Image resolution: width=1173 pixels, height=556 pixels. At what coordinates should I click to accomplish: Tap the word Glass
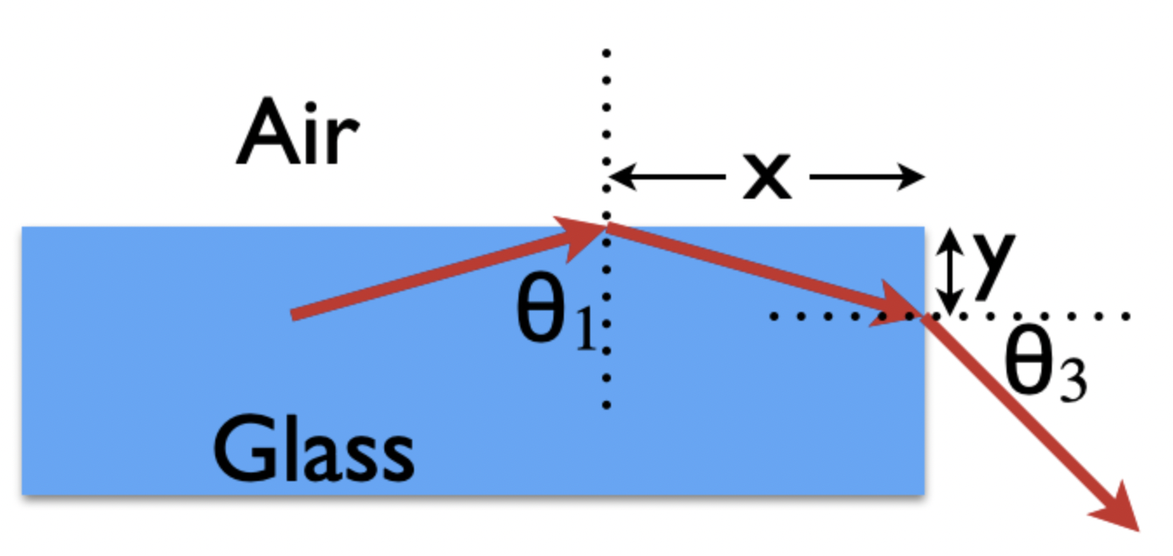(313, 450)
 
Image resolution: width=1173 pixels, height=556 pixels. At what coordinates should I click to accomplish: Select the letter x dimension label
(766, 178)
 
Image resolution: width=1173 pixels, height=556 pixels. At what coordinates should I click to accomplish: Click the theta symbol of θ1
(544, 314)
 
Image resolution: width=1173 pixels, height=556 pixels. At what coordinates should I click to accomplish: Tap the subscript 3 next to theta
(1072, 381)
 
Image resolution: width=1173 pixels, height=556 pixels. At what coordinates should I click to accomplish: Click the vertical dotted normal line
(607, 366)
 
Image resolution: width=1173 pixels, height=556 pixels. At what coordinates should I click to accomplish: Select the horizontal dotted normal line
(1046, 316)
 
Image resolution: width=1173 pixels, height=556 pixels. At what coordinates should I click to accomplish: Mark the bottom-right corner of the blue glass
(923, 494)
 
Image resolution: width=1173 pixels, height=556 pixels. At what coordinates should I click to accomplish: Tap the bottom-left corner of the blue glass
(23, 494)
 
